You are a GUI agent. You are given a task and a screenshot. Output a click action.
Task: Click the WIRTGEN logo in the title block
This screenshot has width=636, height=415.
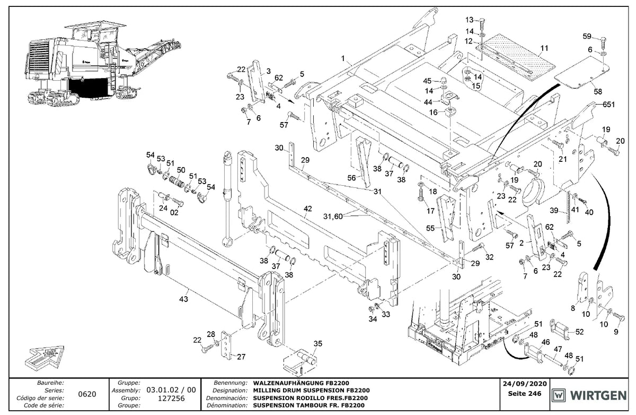589,396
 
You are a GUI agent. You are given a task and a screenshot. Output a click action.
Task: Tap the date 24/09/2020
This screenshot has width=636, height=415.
525,384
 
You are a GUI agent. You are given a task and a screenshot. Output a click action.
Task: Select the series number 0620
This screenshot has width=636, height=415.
87,394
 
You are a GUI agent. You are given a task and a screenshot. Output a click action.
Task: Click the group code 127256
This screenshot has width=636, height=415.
171,398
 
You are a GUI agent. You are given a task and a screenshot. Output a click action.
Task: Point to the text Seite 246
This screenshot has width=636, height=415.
525,394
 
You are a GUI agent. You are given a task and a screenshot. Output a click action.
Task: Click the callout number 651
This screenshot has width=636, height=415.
608,105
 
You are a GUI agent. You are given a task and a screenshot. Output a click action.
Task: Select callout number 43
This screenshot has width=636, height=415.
184,299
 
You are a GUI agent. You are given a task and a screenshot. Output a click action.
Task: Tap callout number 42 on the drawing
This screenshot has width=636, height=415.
308,209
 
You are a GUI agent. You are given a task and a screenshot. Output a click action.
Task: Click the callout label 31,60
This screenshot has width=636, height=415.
333,217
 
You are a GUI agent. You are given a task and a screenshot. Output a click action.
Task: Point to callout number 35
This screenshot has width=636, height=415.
318,344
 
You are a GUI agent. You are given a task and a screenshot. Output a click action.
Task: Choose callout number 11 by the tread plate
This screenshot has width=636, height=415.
544,48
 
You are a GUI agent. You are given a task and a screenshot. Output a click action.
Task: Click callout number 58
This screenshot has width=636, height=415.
598,91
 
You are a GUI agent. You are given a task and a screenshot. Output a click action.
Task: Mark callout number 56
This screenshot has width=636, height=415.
351,178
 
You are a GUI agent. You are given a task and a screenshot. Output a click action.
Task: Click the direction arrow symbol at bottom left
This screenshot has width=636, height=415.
44,358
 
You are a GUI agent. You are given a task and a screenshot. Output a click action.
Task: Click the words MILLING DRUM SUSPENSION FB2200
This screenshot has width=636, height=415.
311,390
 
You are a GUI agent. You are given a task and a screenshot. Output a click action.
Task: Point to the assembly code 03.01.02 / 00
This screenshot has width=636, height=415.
171,390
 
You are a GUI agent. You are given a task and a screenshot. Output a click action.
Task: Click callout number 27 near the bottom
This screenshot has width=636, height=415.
241,357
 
